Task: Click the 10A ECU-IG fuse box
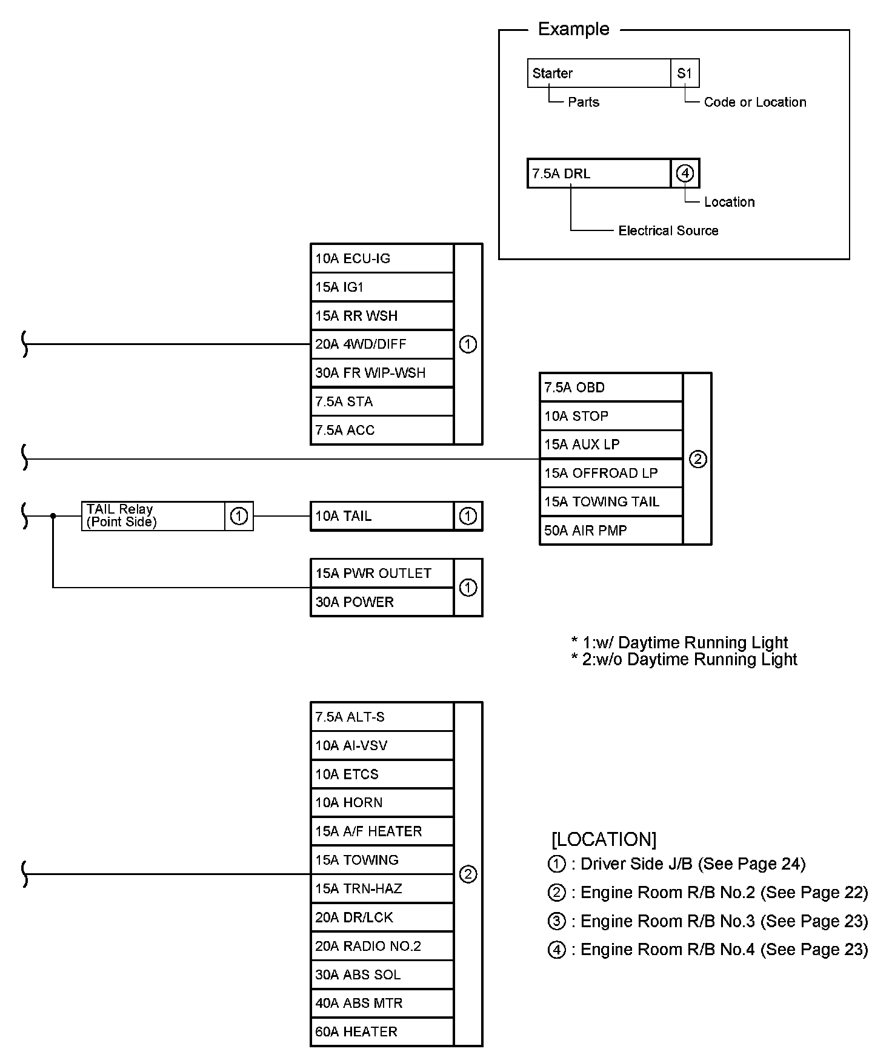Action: point(382,258)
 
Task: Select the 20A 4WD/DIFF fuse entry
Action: point(382,344)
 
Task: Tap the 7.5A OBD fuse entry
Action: point(611,387)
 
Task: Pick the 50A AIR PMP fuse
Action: point(611,531)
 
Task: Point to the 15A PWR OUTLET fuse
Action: point(382,574)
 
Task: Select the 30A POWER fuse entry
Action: point(382,602)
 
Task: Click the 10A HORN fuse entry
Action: point(382,803)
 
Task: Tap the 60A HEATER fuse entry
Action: point(382,1032)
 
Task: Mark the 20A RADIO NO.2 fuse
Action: point(382,946)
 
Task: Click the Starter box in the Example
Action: point(599,73)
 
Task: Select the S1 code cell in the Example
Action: point(685,73)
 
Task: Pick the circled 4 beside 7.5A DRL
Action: point(685,173)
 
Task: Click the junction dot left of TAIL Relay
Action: point(53,516)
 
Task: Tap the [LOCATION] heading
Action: point(604,839)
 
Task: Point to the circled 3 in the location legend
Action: point(556,921)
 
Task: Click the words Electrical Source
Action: point(668,230)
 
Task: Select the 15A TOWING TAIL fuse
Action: point(611,502)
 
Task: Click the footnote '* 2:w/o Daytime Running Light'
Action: point(684,660)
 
